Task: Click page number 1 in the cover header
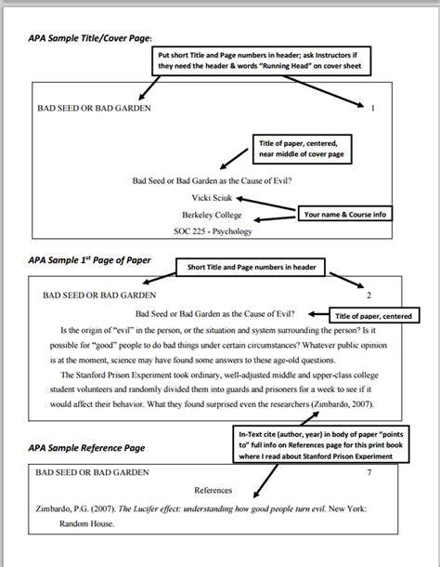(x=372, y=109)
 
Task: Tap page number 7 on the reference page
(x=370, y=471)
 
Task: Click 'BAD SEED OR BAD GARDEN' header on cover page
(x=93, y=109)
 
